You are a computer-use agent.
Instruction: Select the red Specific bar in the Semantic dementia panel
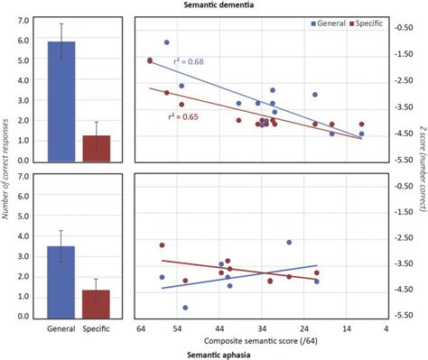click(96, 149)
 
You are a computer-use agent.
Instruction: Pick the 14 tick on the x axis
click(345, 329)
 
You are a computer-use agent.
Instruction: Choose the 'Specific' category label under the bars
click(96, 329)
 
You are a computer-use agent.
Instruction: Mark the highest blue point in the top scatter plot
click(167, 42)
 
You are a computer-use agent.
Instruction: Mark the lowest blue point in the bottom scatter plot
click(185, 308)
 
